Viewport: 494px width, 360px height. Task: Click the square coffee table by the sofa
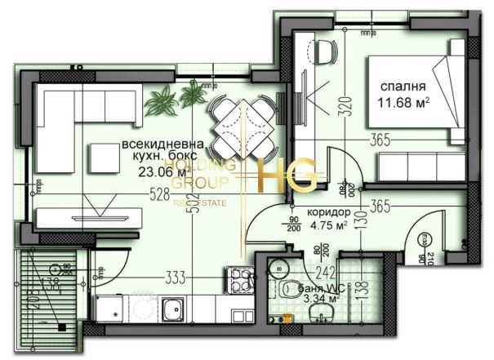(x=105, y=156)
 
